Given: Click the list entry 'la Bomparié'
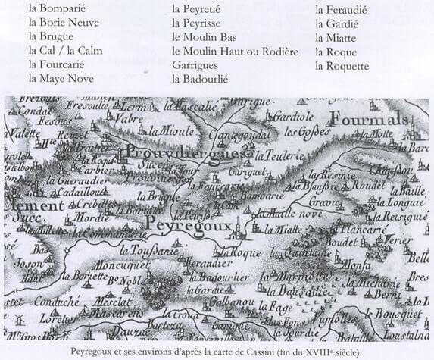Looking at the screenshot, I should coord(57,9).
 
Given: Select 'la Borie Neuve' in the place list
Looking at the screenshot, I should coord(64,23).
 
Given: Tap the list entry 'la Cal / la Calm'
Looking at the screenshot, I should coord(65,51).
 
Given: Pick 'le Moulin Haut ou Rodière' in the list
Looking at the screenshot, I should coord(235,51).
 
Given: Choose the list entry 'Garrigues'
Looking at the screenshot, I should coord(195,64).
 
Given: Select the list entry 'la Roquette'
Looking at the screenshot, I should coord(342,65).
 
